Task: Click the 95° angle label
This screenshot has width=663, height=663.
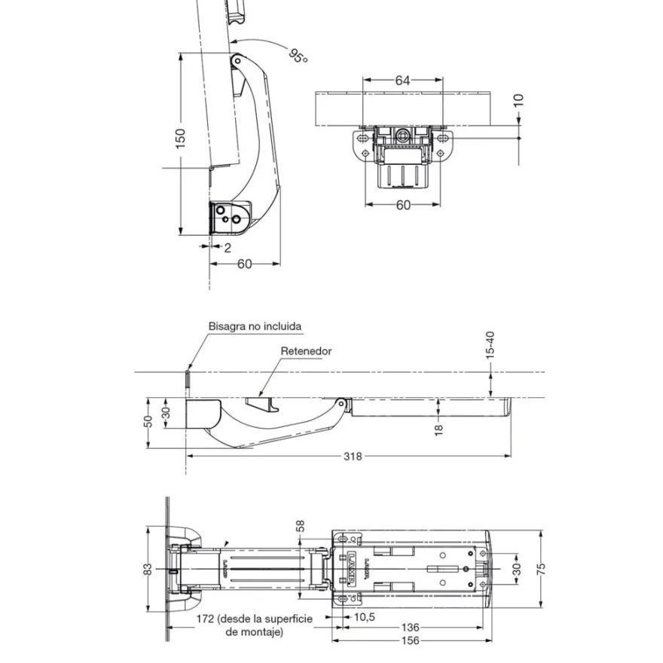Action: point(298,56)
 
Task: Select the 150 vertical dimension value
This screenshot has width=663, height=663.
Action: point(181,139)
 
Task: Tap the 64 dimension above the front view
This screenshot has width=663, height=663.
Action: point(402,80)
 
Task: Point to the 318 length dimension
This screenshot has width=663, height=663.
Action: point(353,457)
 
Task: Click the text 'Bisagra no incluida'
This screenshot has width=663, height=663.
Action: point(255,326)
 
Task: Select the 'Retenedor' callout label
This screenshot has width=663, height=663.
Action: point(306,351)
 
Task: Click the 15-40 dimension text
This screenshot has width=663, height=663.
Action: point(490,345)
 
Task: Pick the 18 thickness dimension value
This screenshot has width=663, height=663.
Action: point(438,430)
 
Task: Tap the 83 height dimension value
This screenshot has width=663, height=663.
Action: point(148,569)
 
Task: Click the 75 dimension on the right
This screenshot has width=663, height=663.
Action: point(541,569)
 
